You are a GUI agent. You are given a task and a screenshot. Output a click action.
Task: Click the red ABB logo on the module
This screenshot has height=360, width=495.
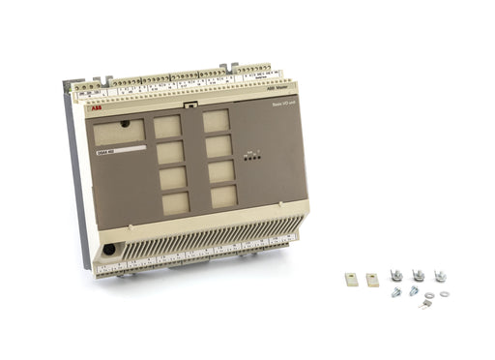pyautogui.click(x=94, y=110)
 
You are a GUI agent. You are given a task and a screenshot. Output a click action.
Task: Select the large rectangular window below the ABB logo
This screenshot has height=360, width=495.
pyautogui.click(x=118, y=131)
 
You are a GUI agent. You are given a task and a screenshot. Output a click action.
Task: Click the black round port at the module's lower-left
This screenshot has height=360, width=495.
pyautogui.click(x=108, y=249)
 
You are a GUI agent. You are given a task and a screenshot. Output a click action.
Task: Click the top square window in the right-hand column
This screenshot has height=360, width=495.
pyautogui.click(x=216, y=120)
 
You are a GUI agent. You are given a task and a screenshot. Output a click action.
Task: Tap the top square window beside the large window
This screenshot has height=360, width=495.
pyautogui.click(x=168, y=127)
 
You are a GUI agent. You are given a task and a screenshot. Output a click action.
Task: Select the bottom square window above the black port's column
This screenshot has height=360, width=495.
pyautogui.click(x=175, y=203)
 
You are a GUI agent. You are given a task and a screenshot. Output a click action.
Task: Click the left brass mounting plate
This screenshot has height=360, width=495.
pyautogui.click(x=351, y=278)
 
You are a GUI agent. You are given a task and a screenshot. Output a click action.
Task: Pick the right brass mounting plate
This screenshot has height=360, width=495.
pyautogui.click(x=372, y=279)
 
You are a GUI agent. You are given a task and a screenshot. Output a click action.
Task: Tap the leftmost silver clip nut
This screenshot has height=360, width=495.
pyautogui.click(x=396, y=276)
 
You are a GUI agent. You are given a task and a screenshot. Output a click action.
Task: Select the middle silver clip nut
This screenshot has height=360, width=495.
pyautogui.click(x=419, y=276)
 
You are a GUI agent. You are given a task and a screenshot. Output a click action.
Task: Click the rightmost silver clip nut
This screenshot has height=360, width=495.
pyautogui.click(x=440, y=276)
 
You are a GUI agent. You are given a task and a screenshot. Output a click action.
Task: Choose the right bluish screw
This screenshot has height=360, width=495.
pyautogui.click(x=414, y=289)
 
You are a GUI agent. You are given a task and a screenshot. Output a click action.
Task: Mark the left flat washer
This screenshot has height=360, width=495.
pyautogui.click(x=429, y=295)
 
